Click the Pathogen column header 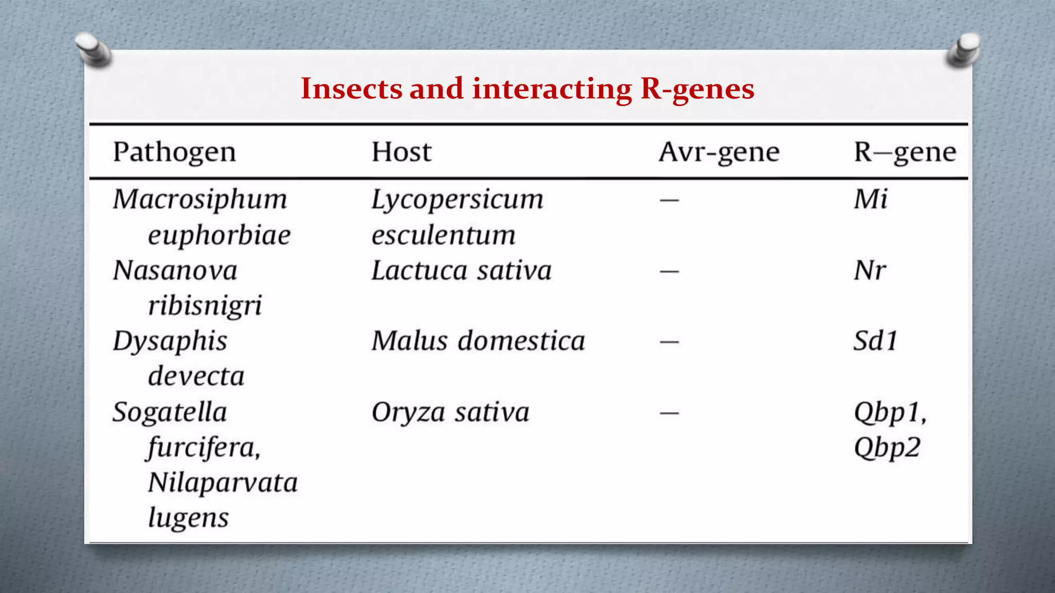(174, 152)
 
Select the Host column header (401, 152)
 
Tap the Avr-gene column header (719, 152)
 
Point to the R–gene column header (905, 152)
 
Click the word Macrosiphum (200, 200)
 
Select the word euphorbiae (219, 236)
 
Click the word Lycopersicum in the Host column (457, 200)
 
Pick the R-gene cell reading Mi (871, 199)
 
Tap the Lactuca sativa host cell (461, 271)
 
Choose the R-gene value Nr (870, 271)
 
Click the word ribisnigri (205, 306)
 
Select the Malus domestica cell (478, 341)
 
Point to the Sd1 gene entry (875, 341)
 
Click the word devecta (196, 376)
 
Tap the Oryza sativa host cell (450, 412)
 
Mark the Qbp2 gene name (887, 448)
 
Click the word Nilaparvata (223, 483)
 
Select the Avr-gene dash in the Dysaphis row (669, 342)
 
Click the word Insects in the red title (351, 89)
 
